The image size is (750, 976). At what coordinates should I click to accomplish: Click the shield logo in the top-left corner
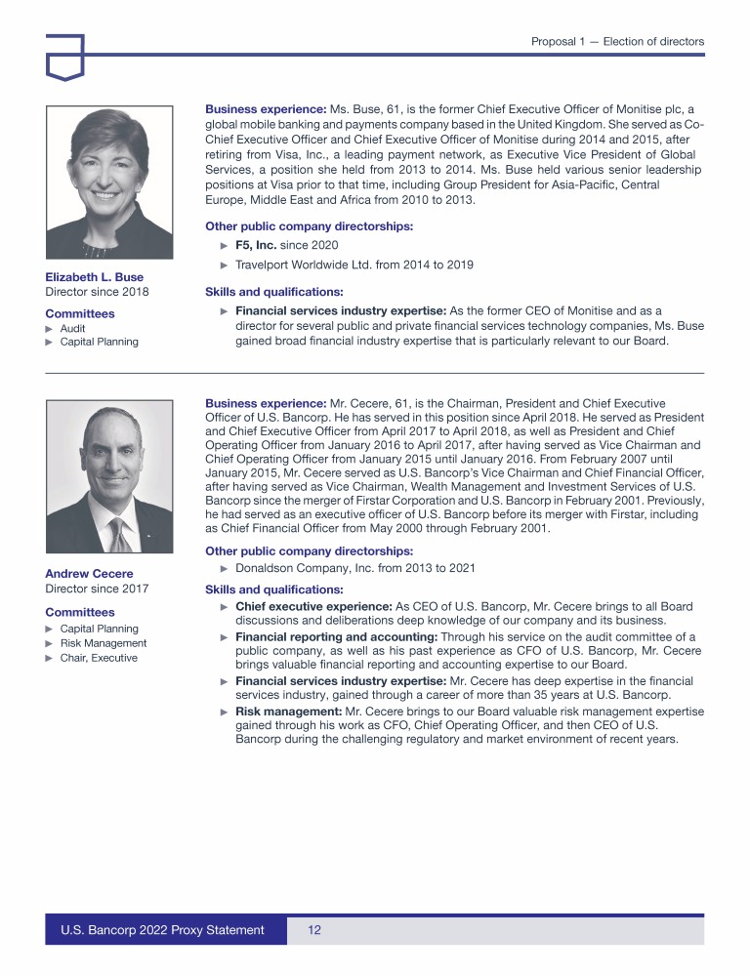[x=64, y=56]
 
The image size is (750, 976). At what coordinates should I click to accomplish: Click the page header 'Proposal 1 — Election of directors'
[x=617, y=42]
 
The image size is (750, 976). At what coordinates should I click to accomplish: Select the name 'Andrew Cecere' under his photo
[x=89, y=573]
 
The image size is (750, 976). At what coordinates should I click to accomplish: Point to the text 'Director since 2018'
[x=97, y=292]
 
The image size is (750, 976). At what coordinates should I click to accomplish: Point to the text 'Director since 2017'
[x=97, y=589]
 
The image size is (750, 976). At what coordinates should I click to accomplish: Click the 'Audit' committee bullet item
[x=72, y=329]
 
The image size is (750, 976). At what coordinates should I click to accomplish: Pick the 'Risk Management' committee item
[x=103, y=643]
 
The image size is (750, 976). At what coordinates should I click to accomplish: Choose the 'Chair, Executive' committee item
[x=99, y=658]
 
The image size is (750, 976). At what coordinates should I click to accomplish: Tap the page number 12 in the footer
[x=314, y=930]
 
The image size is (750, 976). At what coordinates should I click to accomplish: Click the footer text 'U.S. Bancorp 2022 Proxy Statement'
[x=163, y=930]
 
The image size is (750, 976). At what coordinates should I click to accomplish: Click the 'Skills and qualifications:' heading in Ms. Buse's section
[x=273, y=291]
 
